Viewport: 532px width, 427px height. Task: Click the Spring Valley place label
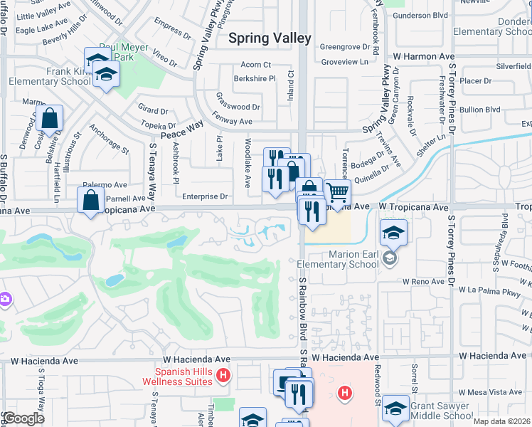270,38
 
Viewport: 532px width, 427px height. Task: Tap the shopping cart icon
337,193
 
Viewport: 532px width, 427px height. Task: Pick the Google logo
23,418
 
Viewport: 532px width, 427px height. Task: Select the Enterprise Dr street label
204,196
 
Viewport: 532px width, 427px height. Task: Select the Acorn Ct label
256,65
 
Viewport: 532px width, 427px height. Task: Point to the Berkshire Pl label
254,79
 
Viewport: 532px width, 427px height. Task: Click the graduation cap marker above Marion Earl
393,233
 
